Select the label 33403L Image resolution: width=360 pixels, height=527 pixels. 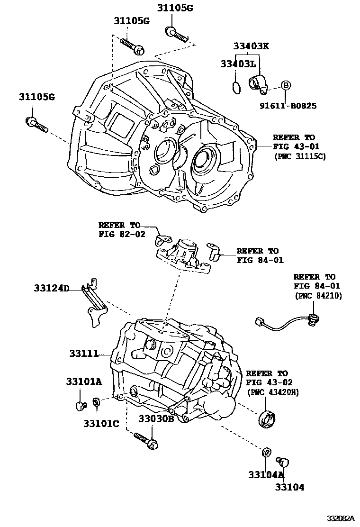238,63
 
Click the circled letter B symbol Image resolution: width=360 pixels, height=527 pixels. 286,85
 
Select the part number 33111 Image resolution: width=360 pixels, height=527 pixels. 83,354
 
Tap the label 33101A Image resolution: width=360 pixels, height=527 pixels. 84,382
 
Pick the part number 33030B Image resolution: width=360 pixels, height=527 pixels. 156,419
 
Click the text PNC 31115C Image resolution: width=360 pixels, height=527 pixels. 299,155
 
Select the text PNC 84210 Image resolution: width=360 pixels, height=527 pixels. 318,296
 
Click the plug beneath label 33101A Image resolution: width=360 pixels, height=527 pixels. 80,406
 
